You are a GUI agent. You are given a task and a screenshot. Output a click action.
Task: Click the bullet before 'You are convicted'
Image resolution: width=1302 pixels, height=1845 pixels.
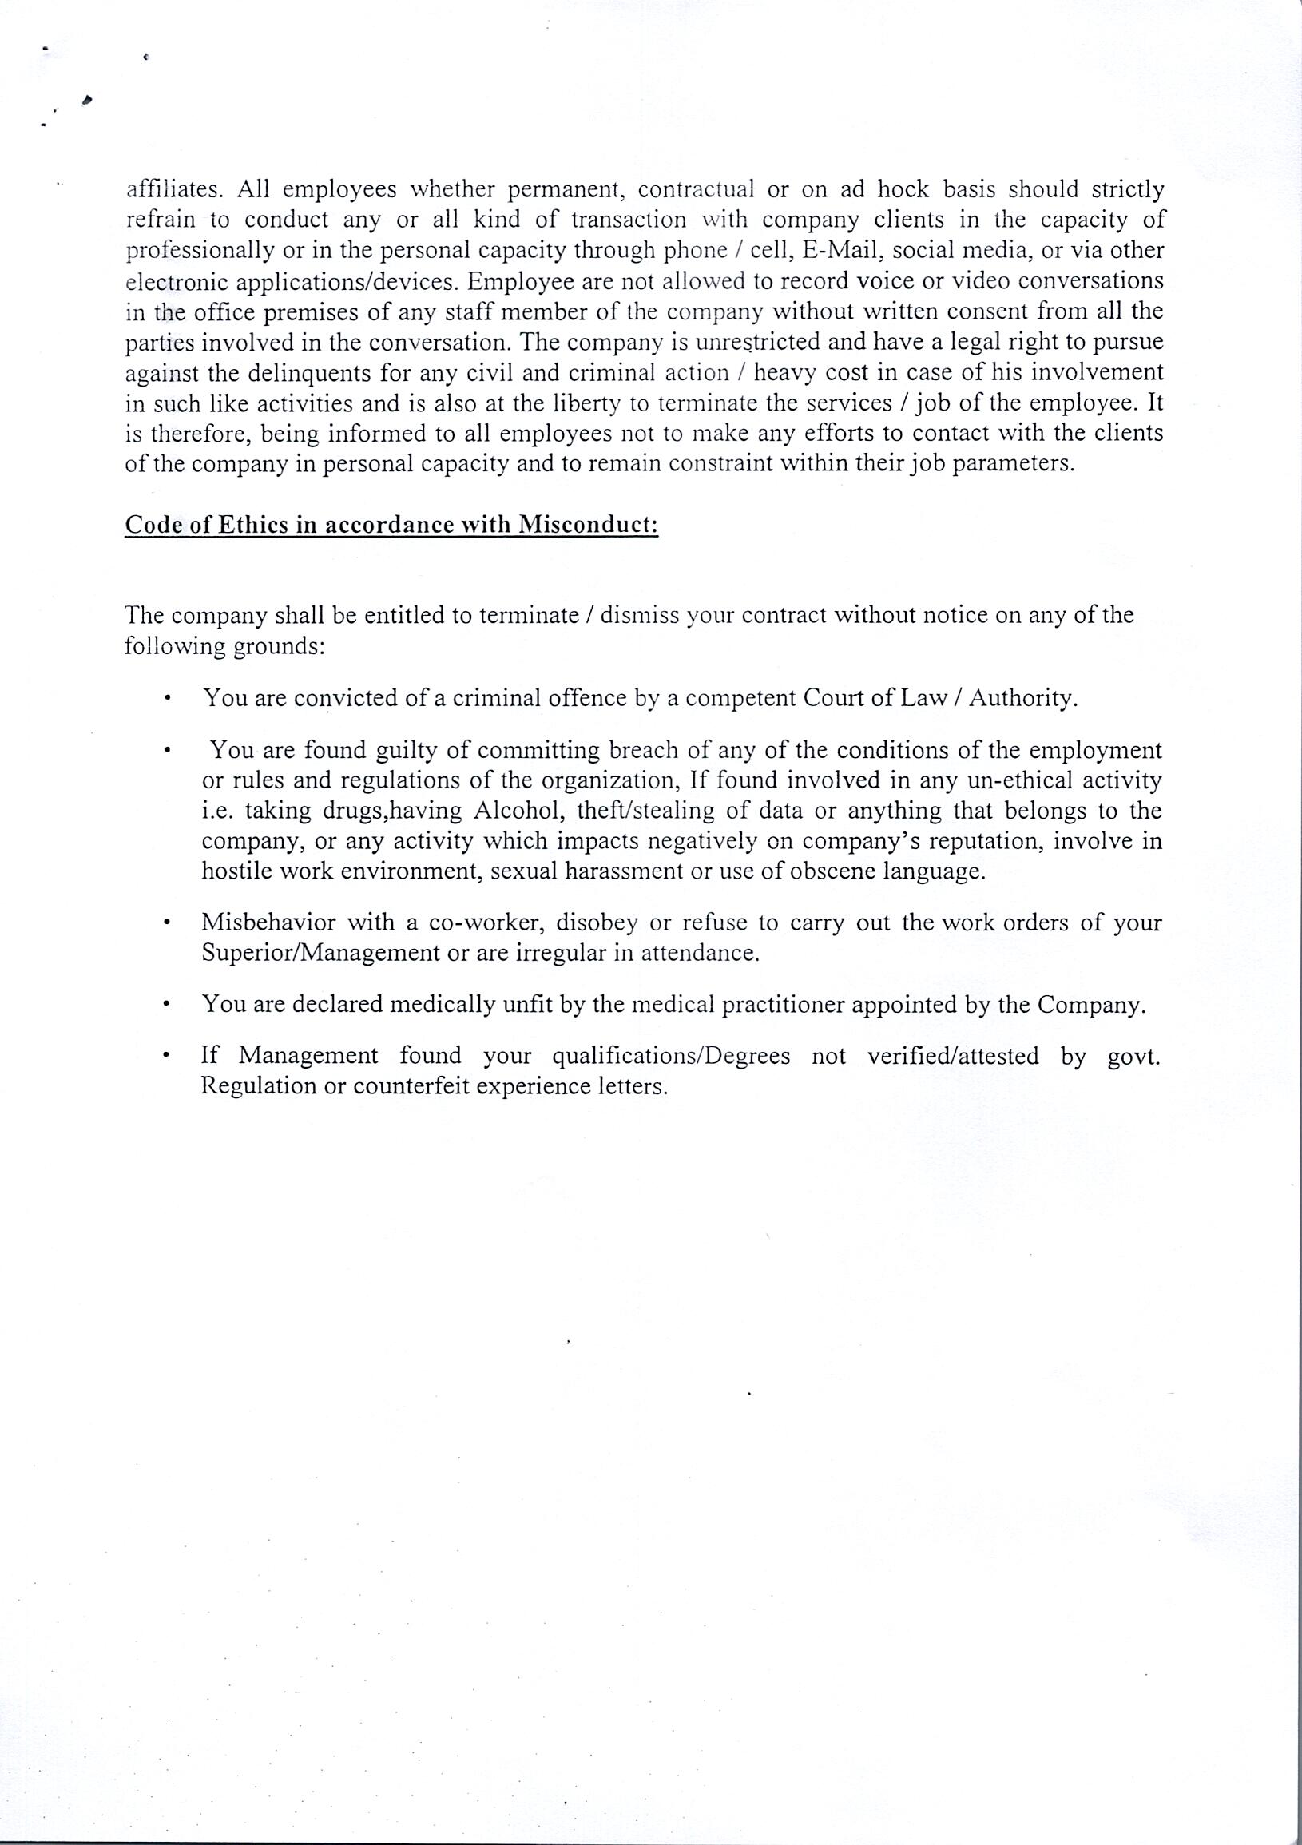pos(166,699)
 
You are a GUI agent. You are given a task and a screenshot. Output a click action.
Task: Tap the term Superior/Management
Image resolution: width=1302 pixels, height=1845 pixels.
pos(319,954)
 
